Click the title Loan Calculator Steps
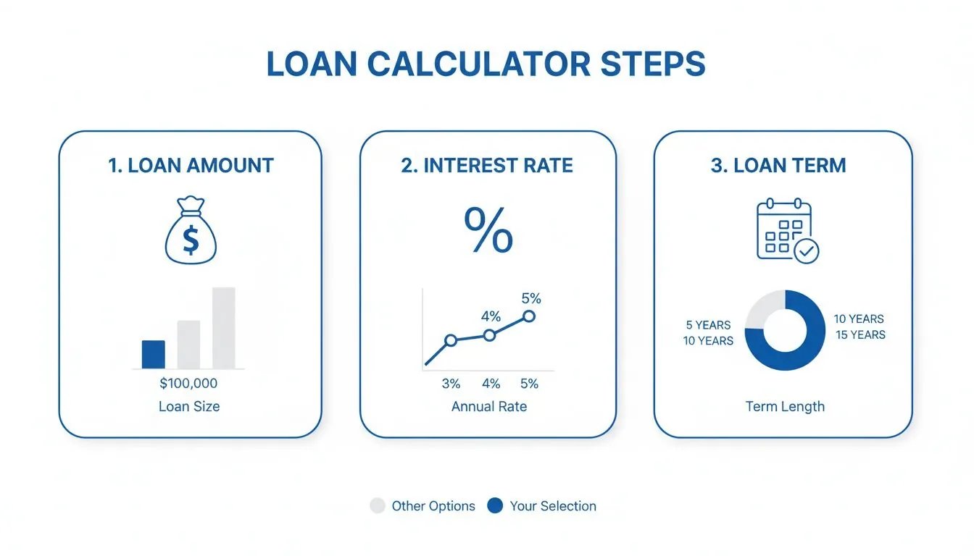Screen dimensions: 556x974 (486, 64)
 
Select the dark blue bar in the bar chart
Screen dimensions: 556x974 (153, 355)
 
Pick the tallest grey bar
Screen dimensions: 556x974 (223, 328)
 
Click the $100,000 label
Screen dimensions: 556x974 (188, 384)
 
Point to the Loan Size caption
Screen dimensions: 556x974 (188, 406)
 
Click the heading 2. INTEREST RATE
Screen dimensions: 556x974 (487, 165)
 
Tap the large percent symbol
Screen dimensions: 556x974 (488, 230)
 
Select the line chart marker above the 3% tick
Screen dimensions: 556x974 (451, 340)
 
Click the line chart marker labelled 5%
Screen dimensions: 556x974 (529, 316)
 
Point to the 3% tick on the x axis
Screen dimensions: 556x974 (451, 384)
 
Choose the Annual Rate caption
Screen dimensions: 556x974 (488, 406)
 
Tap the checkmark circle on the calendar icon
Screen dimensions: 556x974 (806, 251)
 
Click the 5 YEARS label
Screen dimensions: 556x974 (708, 325)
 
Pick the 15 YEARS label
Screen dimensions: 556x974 (860, 334)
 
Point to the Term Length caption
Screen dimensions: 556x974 (785, 406)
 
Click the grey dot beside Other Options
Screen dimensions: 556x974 (378, 506)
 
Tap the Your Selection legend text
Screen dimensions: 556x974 (553, 506)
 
